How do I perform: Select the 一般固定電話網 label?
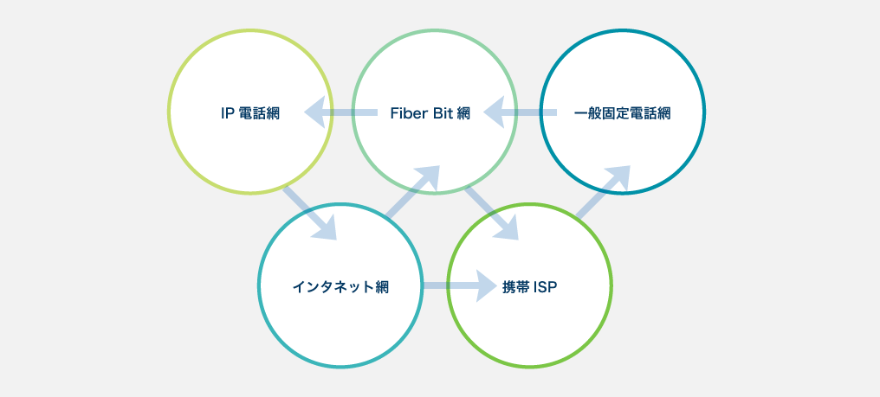click(x=623, y=113)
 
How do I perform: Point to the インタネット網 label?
click(x=340, y=287)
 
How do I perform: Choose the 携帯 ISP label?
click(x=529, y=287)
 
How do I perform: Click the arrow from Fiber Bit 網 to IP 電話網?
click(x=342, y=112)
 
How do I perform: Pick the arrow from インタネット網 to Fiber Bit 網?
click(x=414, y=192)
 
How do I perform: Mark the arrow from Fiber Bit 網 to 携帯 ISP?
click(x=491, y=212)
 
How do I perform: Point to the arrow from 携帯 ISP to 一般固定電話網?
click(x=603, y=192)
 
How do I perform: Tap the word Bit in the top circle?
click(x=443, y=113)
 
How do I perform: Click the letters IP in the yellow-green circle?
click(x=228, y=113)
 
